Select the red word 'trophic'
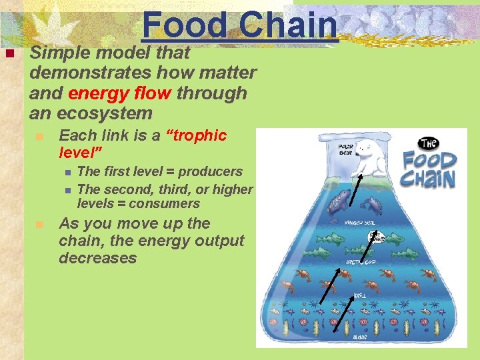pos(200,136)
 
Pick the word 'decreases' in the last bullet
pos(97,258)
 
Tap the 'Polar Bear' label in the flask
pos(345,149)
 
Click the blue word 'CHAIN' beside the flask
pos(428,178)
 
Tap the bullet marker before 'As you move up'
pos(40,225)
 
